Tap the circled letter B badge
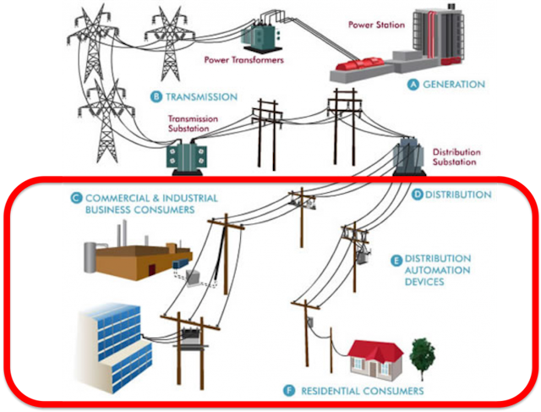[x=156, y=96]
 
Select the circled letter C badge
[x=76, y=199]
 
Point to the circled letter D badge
[x=418, y=195]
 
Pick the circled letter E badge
[x=396, y=258]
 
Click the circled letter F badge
[x=290, y=391]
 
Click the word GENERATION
[x=455, y=85]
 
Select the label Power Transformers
[x=243, y=61]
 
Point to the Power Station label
[x=375, y=25]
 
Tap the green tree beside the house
[x=421, y=355]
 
